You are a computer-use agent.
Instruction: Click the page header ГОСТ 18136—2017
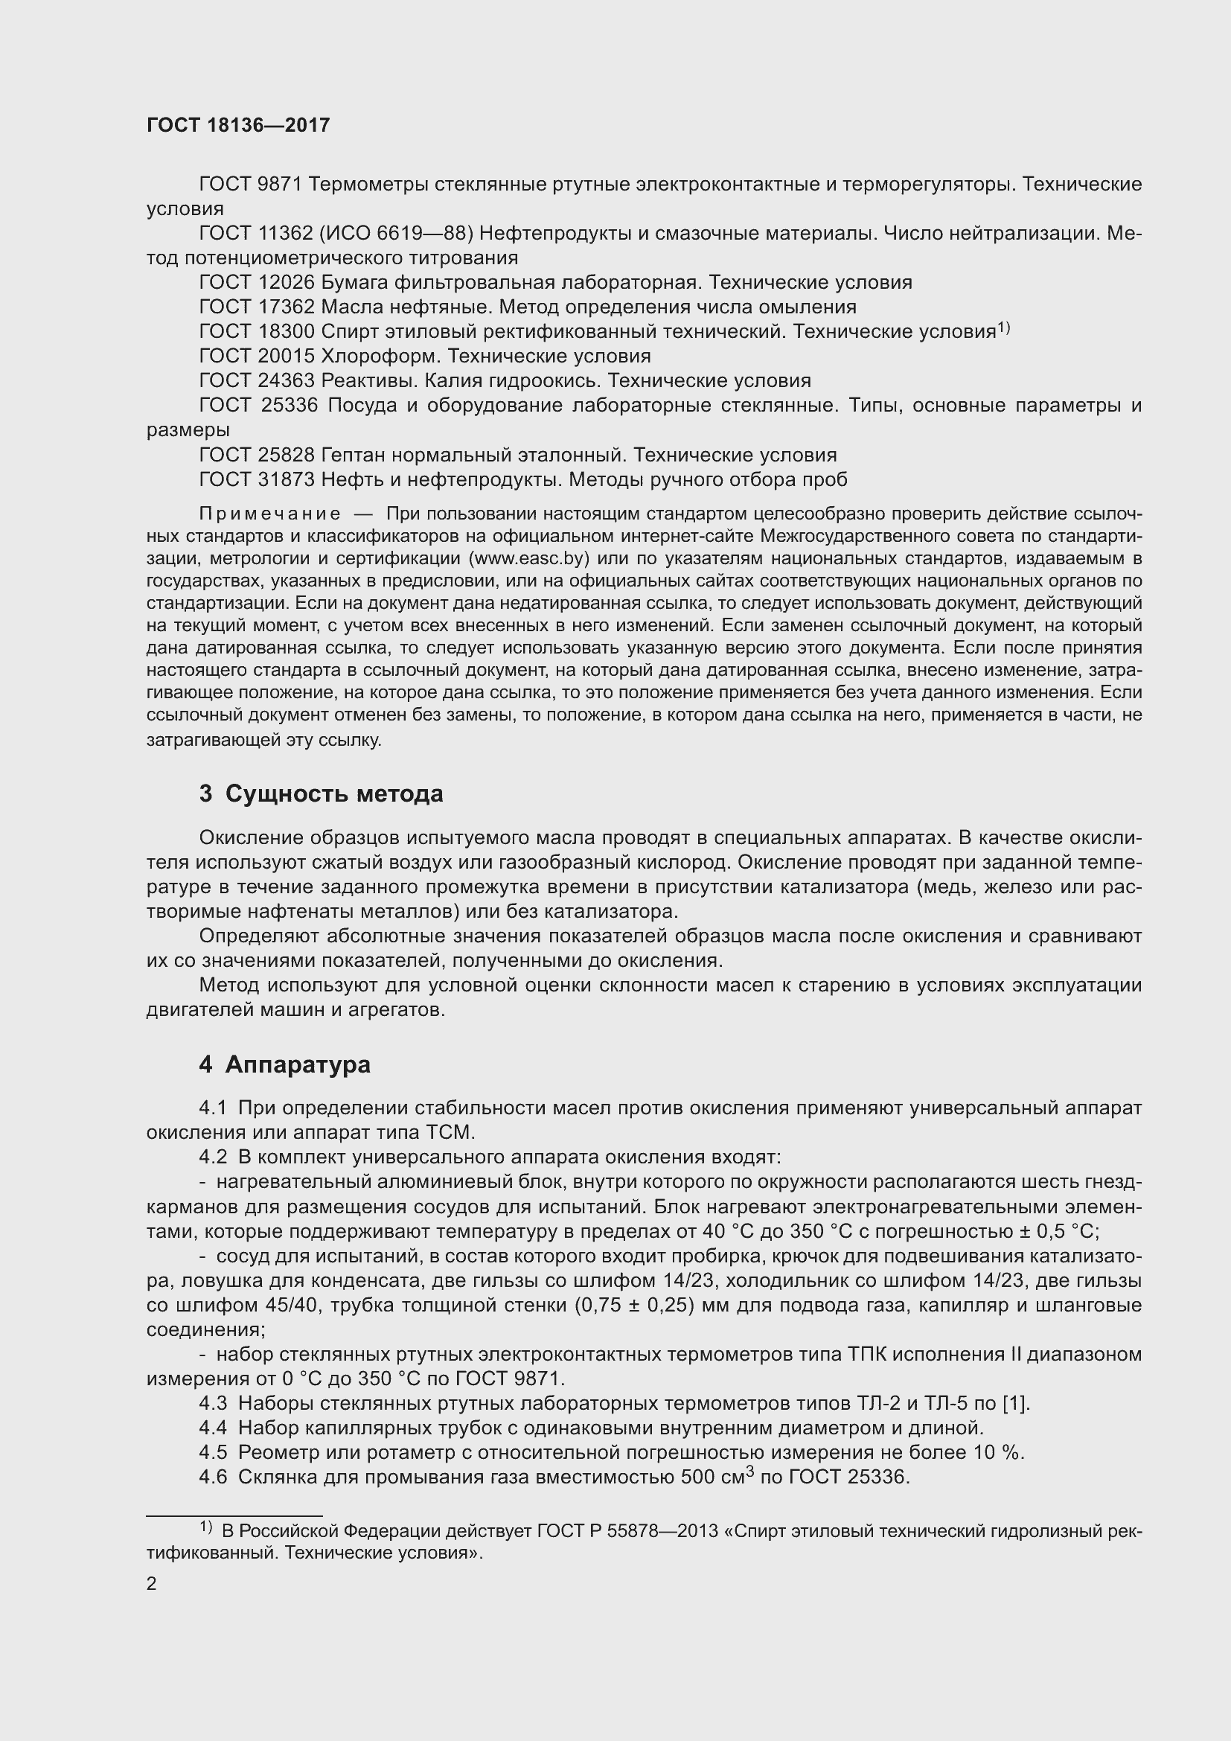pos(238,126)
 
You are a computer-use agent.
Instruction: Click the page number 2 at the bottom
pos(152,1583)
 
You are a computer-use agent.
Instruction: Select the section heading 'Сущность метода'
pos(334,794)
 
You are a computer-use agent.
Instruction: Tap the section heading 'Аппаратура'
pos(297,1064)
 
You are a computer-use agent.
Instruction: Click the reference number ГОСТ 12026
pos(257,283)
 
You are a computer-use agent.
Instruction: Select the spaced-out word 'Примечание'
pos(269,514)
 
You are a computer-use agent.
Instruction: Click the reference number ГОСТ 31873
pos(257,480)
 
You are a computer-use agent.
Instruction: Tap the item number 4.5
pos(213,1452)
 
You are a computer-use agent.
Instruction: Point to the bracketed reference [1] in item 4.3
pos(1015,1404)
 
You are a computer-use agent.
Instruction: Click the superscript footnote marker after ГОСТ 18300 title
pos(1003,328)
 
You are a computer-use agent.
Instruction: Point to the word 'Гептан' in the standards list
pos(353,455)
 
